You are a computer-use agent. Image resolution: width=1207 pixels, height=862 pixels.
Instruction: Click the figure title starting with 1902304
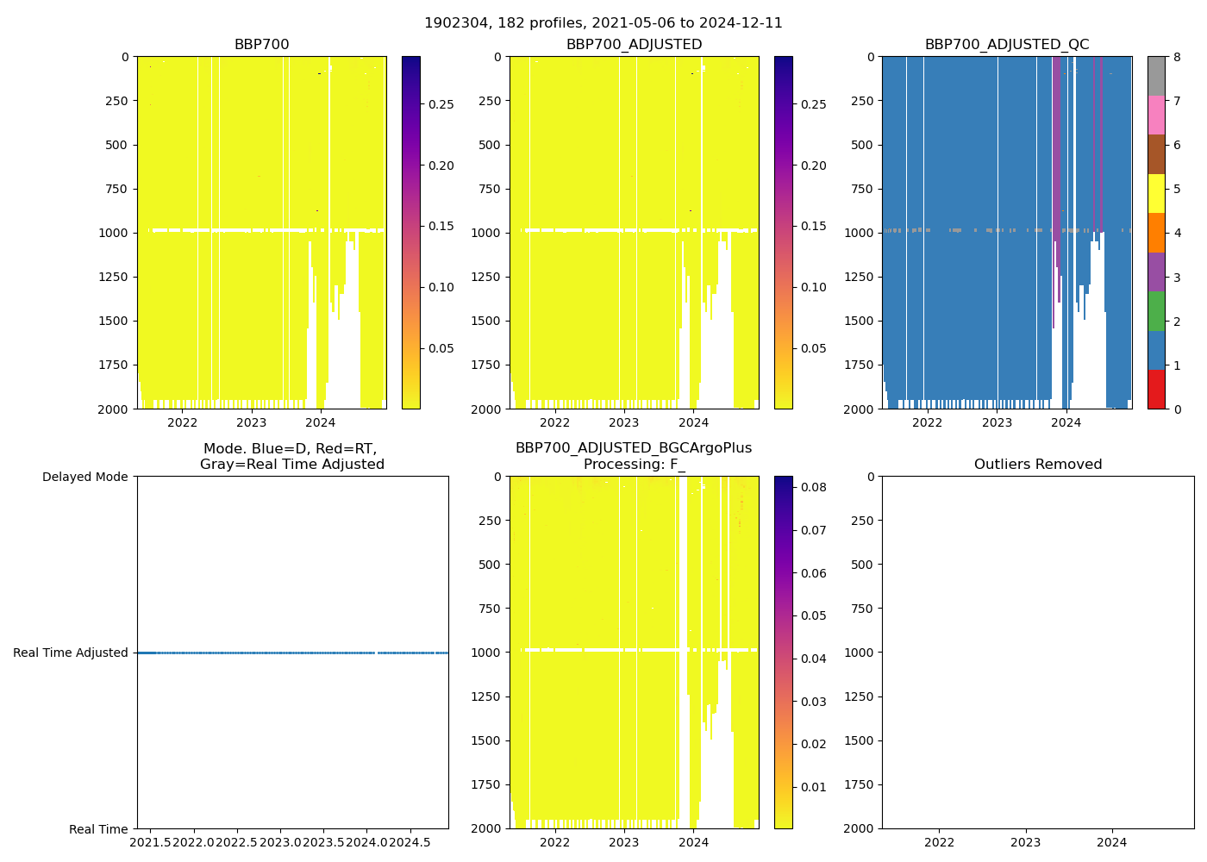[x=603, y=23]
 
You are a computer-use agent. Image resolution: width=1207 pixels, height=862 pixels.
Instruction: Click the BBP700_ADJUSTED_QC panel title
[x=1006, y=45]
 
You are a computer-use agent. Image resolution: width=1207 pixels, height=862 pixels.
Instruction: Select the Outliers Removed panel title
[x=1037, y=465]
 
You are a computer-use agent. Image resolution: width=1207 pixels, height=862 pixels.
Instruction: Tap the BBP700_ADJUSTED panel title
[x=634, y=45]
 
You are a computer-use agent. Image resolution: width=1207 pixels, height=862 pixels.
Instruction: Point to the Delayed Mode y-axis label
[x=84, y=477]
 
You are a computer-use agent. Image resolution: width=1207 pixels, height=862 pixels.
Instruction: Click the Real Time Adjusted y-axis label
[x=70, y=653]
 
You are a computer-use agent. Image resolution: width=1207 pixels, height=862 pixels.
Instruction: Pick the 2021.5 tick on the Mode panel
[x=151, y=841]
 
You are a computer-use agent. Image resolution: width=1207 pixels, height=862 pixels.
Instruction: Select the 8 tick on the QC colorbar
[x=1176, y=57]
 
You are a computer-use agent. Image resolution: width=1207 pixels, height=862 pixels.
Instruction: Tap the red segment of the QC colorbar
[x=1156, y=389]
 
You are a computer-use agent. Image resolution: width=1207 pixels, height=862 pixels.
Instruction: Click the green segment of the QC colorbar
[x=1156, y=310]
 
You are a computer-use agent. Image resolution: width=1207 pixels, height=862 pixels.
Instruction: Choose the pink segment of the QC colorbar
[x=1156, y=115]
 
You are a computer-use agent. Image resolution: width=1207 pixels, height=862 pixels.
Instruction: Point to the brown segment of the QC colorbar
[x=1156, y=154]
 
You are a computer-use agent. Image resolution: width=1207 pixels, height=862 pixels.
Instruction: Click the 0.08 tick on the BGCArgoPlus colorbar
[x=814, y=487]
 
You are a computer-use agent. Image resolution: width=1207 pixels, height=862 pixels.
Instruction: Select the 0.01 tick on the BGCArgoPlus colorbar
[x=814, y=787]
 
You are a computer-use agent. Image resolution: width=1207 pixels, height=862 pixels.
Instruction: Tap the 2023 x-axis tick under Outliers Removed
[x=1025, y=842]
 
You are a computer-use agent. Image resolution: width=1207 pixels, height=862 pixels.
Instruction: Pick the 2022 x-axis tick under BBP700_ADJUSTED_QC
[x=928, y=422]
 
